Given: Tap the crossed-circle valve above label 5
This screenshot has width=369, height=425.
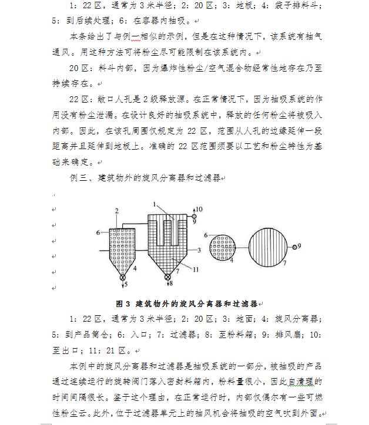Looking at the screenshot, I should (123, 277).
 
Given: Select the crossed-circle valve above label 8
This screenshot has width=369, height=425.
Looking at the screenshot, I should (168, 277).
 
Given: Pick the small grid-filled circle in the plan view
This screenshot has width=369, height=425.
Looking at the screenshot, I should (222, 247).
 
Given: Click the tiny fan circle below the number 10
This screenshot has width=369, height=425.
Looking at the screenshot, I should (194, 216).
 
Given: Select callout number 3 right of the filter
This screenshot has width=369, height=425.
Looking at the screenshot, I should (200, 250).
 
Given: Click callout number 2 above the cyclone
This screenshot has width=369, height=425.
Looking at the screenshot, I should (117, 210).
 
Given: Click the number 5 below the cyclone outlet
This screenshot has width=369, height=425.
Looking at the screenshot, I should (125, 285).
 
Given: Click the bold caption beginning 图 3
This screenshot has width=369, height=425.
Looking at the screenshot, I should (187, 304).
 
